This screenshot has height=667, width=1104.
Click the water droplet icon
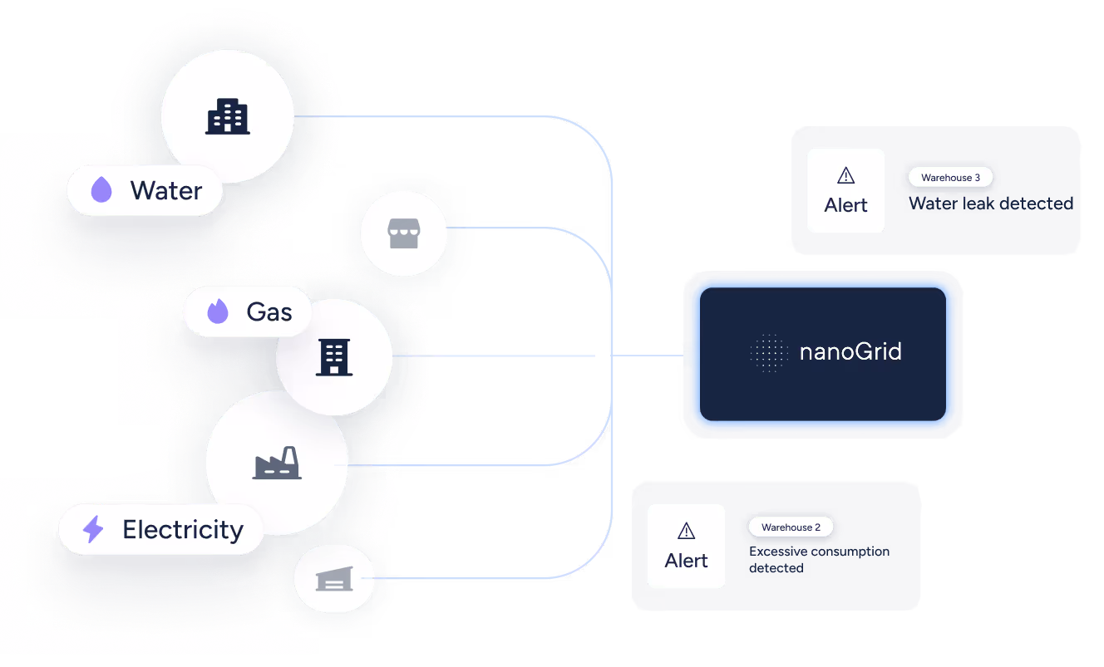tap(101, 190)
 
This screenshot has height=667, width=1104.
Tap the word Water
tap(166, 191)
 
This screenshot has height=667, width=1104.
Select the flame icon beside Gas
tap(218, 312)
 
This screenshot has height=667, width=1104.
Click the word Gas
tap(269, 312)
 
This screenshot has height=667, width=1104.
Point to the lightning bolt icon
tap(93, 529)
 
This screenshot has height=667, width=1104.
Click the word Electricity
tap(183, 530)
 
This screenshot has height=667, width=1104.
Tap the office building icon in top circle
tap(227, 116)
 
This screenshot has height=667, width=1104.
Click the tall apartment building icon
tap(334, 357)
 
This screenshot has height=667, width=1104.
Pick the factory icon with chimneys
tap(277, 463)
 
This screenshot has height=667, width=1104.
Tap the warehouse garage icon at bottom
tap(334, 579)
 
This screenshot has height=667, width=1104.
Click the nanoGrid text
tap(850, 352)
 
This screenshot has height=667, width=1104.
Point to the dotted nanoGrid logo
tap(768, 352)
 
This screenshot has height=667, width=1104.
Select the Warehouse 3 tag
tap(950, 178)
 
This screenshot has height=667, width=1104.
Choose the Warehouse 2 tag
tap(791, 527)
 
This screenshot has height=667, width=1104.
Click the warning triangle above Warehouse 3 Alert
tap(845, 175)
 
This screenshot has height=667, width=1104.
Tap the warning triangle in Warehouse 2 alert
tap(686, 531)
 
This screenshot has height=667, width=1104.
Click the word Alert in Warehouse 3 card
tap(845, 205)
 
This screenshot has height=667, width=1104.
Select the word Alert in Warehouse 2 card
tap(686, 561)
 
